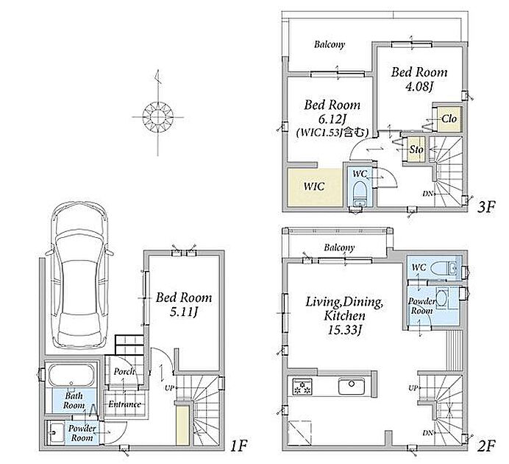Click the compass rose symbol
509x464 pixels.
158,116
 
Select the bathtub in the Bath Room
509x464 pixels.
71,375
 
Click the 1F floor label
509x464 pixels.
239,446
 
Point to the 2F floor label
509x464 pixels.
486,446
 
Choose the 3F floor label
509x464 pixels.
486,207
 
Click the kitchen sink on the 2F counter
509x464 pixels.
352,386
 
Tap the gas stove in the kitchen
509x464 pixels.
302,387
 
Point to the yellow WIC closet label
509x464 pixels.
314,186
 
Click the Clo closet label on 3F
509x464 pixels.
449,119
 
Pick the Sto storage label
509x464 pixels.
416,150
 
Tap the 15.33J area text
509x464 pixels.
345,331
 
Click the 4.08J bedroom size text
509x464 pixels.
419,87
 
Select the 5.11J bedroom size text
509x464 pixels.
184,312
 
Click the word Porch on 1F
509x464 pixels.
124,371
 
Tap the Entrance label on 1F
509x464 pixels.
125,404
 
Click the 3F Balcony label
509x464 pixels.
330,44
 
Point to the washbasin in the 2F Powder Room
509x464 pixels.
441,297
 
